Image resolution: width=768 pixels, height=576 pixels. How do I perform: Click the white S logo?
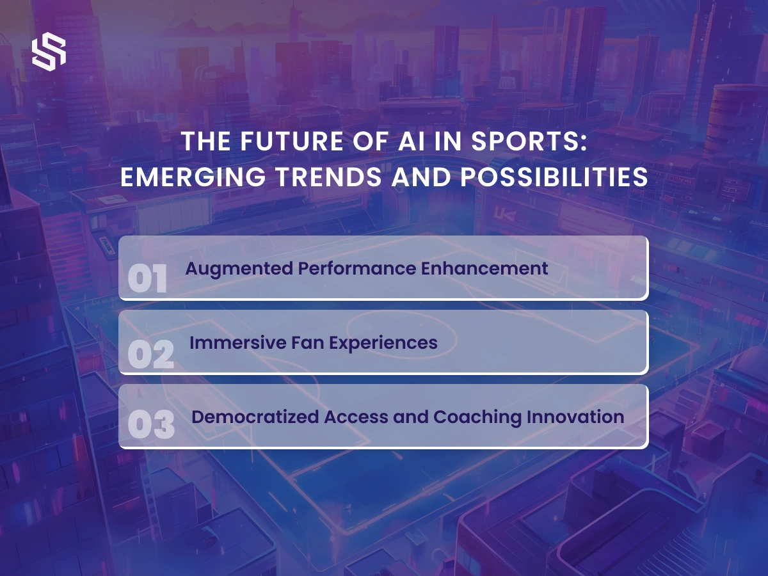click(x=49, y=52)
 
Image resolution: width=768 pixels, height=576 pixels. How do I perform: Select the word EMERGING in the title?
click(x=193, y=177)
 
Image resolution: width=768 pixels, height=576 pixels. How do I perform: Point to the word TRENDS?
click(x=329, y=177)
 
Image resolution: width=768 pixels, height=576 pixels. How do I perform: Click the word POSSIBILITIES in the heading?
click(x=554, y=177)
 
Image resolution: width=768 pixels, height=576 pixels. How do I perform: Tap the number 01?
click(x=147, y=278)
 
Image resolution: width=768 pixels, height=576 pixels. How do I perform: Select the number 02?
click(x=151, y=354)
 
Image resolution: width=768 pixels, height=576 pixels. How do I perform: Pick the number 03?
click(x=151, y=425)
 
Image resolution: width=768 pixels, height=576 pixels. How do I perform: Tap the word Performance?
click(x=357, y=269)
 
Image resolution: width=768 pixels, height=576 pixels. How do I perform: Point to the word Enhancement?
click(x=484, y=269)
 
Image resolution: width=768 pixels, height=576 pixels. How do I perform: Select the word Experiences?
click(x=383, y=344)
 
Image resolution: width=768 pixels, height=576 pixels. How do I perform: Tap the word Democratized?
click(x=255, y=417)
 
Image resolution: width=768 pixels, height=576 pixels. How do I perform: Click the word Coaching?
click(x=477, y=417)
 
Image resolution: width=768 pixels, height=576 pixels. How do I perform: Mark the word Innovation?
click(x=575, y=417)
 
